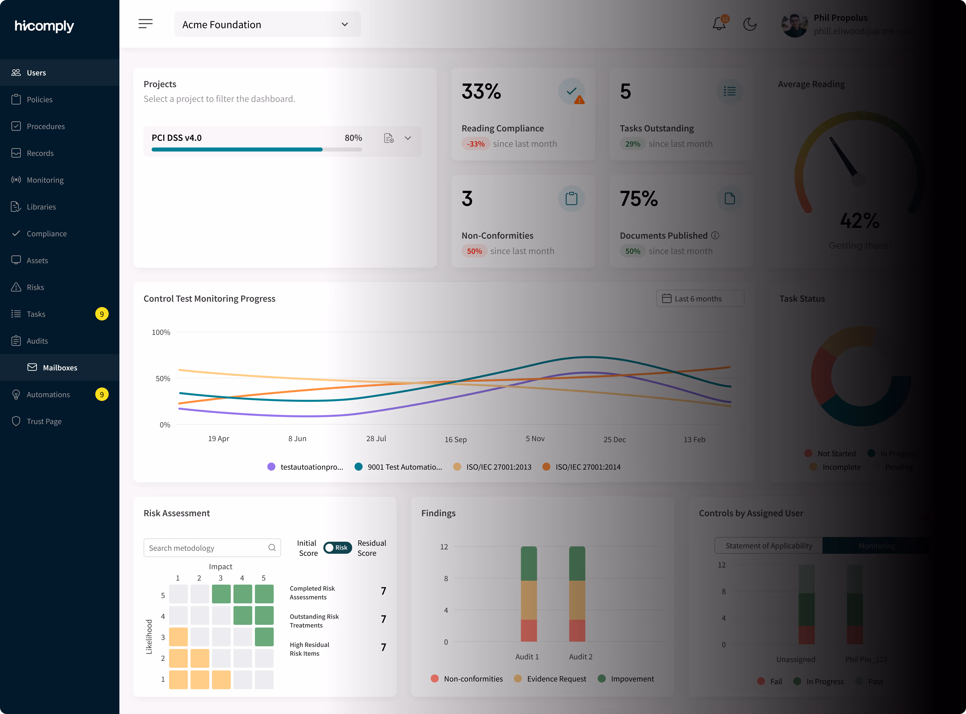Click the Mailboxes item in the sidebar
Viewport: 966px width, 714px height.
click(x=60, y=367)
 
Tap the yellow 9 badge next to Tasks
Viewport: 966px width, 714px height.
click(x=102, y=314)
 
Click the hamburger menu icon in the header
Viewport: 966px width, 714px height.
click(x=145, y=24)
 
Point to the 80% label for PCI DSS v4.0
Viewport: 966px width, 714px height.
click(x=353, y=138)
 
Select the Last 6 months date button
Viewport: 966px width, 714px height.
click(x=700, y=299)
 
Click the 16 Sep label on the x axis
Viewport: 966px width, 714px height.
click(x=455, y=440)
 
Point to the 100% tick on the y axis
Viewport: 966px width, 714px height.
click(x=161, y=332)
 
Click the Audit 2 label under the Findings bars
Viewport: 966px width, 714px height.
click(x=580, y=657)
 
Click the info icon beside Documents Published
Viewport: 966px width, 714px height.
click(x=715, y=236)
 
